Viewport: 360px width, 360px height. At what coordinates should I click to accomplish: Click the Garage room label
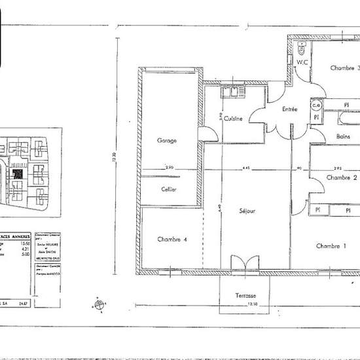click(167, 140)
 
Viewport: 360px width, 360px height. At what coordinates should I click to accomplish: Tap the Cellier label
click(169, 189)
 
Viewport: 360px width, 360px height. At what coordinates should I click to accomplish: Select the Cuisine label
click(233, 118)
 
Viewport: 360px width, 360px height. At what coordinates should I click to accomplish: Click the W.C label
click(302, 63)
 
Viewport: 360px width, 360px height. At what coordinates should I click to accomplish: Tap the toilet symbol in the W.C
click(302, 48)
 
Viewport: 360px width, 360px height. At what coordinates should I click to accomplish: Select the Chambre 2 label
click(342, 177)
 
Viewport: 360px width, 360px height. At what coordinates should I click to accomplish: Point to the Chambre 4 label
click(172, 240)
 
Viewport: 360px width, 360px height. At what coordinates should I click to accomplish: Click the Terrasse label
click(246, 296)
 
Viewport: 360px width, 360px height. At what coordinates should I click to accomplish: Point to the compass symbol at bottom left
click(99, 304)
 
